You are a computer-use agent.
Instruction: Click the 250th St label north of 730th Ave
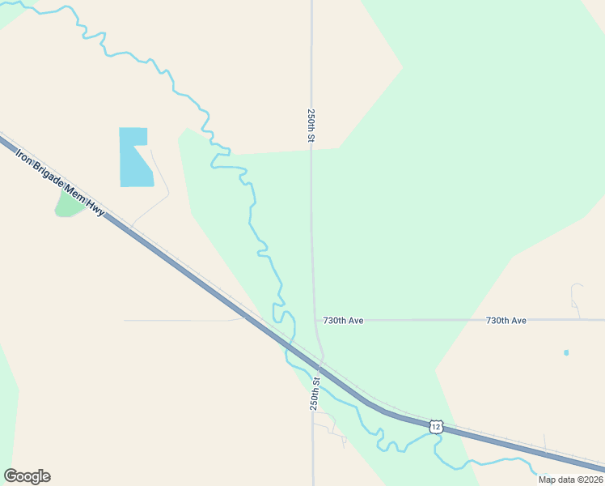[x=311, y=126]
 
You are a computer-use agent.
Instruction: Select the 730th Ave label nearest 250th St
[x=343, y=321]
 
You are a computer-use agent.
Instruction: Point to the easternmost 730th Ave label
[x=506, y=321]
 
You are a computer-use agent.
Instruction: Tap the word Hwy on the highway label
[x=97, y=208]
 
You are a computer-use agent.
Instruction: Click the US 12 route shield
[x=437, y=427]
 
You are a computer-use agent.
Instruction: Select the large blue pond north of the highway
[x=134, y=157]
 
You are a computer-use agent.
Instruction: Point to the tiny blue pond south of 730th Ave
[x=566, y=352]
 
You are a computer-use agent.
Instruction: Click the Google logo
[x=27, y=476]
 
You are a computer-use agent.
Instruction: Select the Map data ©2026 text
[x=569, y=479]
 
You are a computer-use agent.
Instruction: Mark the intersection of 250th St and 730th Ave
[x=315, y=320]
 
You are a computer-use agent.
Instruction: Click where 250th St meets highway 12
[x=320, y=361]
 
